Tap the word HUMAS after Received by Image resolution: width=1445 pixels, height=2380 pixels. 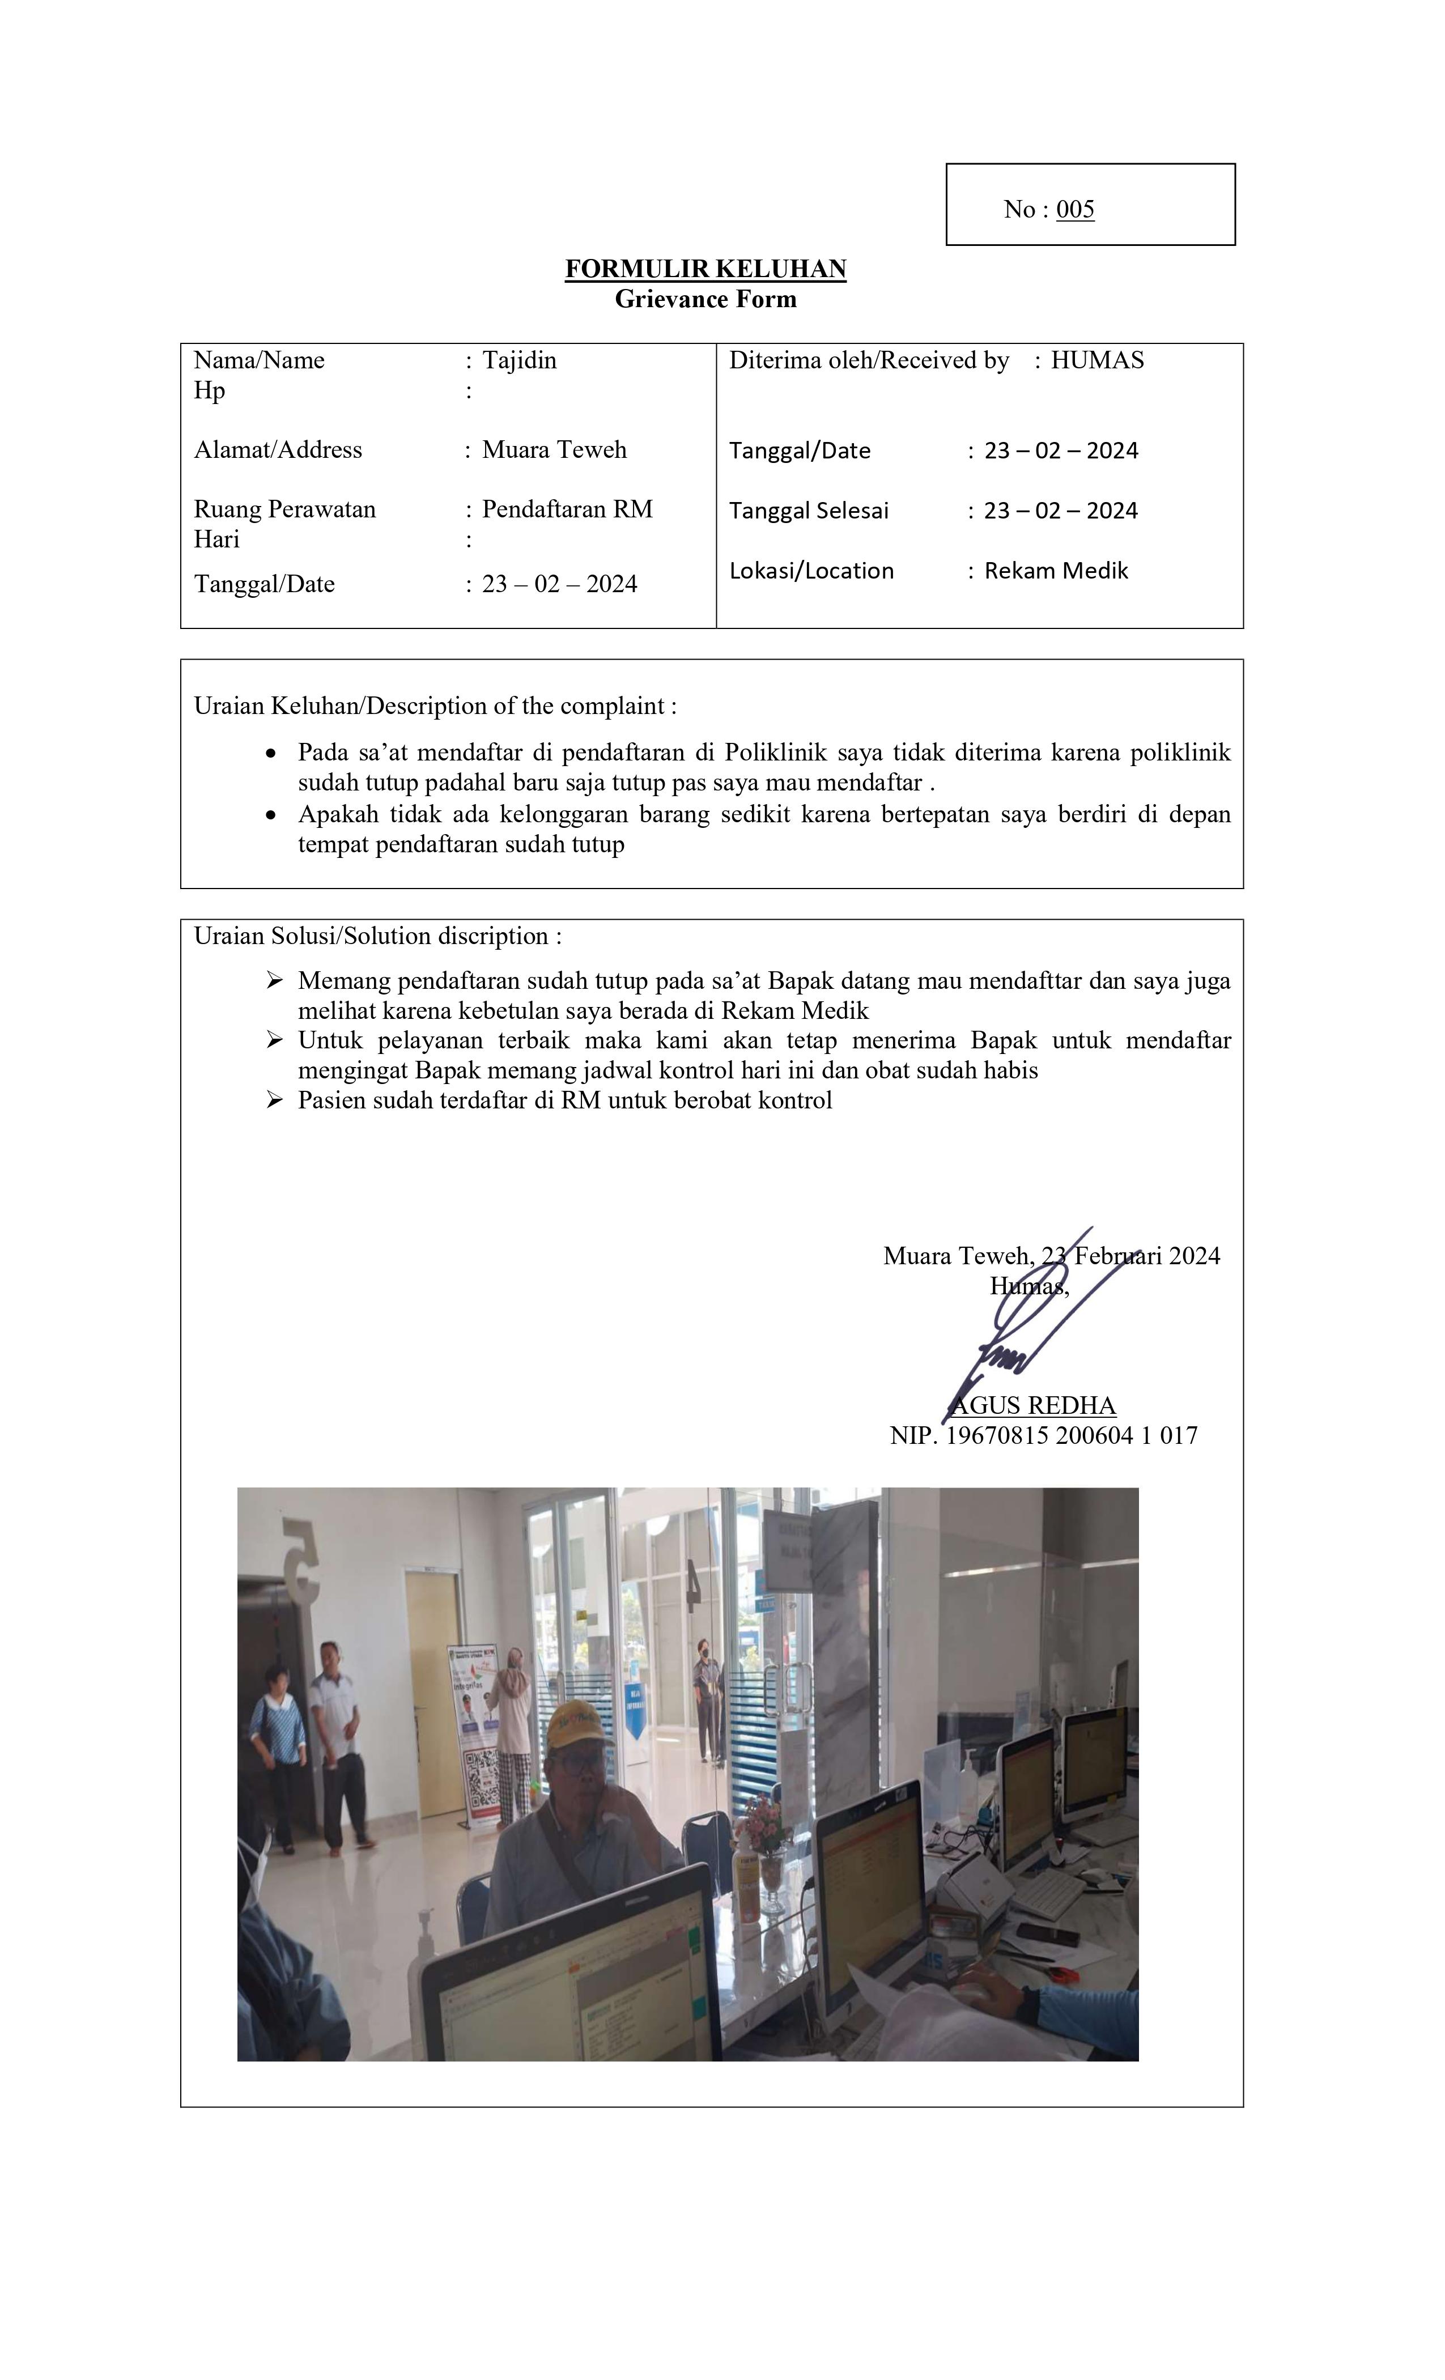pyautogui.click(x=1096, y=360)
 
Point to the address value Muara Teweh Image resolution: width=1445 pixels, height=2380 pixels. pyautogui.click(x=554, y=449)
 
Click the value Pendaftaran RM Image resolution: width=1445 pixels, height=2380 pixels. pyautogui.click(x=567, y=509)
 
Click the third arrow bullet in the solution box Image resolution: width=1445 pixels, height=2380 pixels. pyautogui.click(x=274, y=1099)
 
